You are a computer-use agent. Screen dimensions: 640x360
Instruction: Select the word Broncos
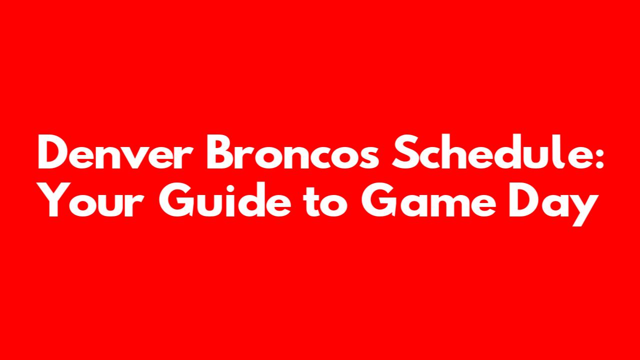click(x=293, y=151)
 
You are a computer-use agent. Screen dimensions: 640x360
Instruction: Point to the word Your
click(x=92, y=199)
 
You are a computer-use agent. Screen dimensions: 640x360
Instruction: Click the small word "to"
click(x=325, y=201)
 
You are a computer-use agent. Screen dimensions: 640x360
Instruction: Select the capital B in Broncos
click(x=221, y=151)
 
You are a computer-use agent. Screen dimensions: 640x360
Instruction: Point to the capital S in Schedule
click(x=404, y=151)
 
